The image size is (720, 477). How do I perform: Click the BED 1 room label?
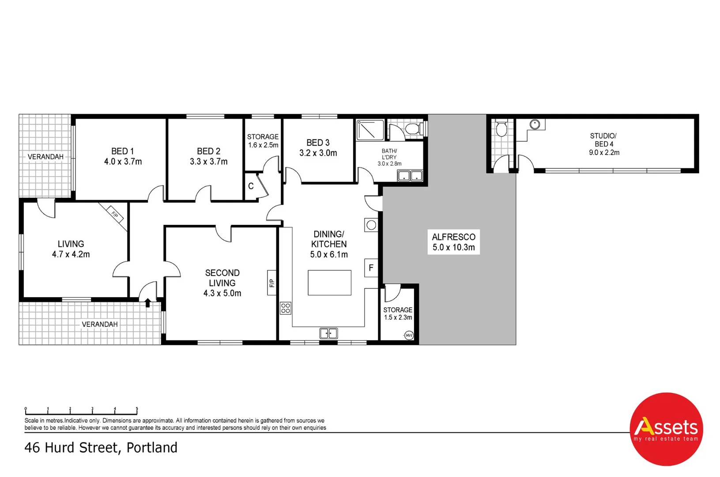pyautogui.click(x=122, y=151)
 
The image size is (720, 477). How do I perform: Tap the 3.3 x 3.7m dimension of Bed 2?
pyautogui.click(x=208, y=162)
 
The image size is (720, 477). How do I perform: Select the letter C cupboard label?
pyautogui.click(x=251, y=186)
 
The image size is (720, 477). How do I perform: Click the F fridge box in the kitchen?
pyautogui.click(x=371, y=268)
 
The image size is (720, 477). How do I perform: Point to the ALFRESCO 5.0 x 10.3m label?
pyautogui.click(x=453, y=242)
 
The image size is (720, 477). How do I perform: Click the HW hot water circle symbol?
pyautogui.click(x=409, y=336)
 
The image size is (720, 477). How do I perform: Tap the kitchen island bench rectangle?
pyautogui.click(x=329, y=283)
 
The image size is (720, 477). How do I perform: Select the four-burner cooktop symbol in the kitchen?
pyautogui.click(x=285, y=308)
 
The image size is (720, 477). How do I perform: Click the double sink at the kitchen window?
pyautogui.click(x=328, y=333)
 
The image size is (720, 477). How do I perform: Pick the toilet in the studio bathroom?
pyautogui.click(x=501, y=129)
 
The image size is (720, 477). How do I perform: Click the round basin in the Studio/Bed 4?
pyautogui.click(x=535, y=125)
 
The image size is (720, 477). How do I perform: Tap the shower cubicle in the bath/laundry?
pyautogui.click(x=370, y=130)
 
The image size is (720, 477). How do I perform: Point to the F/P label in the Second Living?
pyautogui.click(x=272, y=283)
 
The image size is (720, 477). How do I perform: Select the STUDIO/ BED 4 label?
pyautogui.click(x=603, y=140)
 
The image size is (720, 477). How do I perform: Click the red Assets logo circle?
pyautogui.click(x=666, y=429)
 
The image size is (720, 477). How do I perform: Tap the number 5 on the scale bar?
pyautogui.click(x=137, y=409)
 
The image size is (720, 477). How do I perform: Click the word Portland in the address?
pyautogui.click(x=152, y=447)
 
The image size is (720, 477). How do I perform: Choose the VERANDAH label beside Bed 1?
pyautogui.click(x=45, y=157)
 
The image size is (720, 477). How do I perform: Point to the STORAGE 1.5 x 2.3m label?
pyautogui.click(x=398, y=314)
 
